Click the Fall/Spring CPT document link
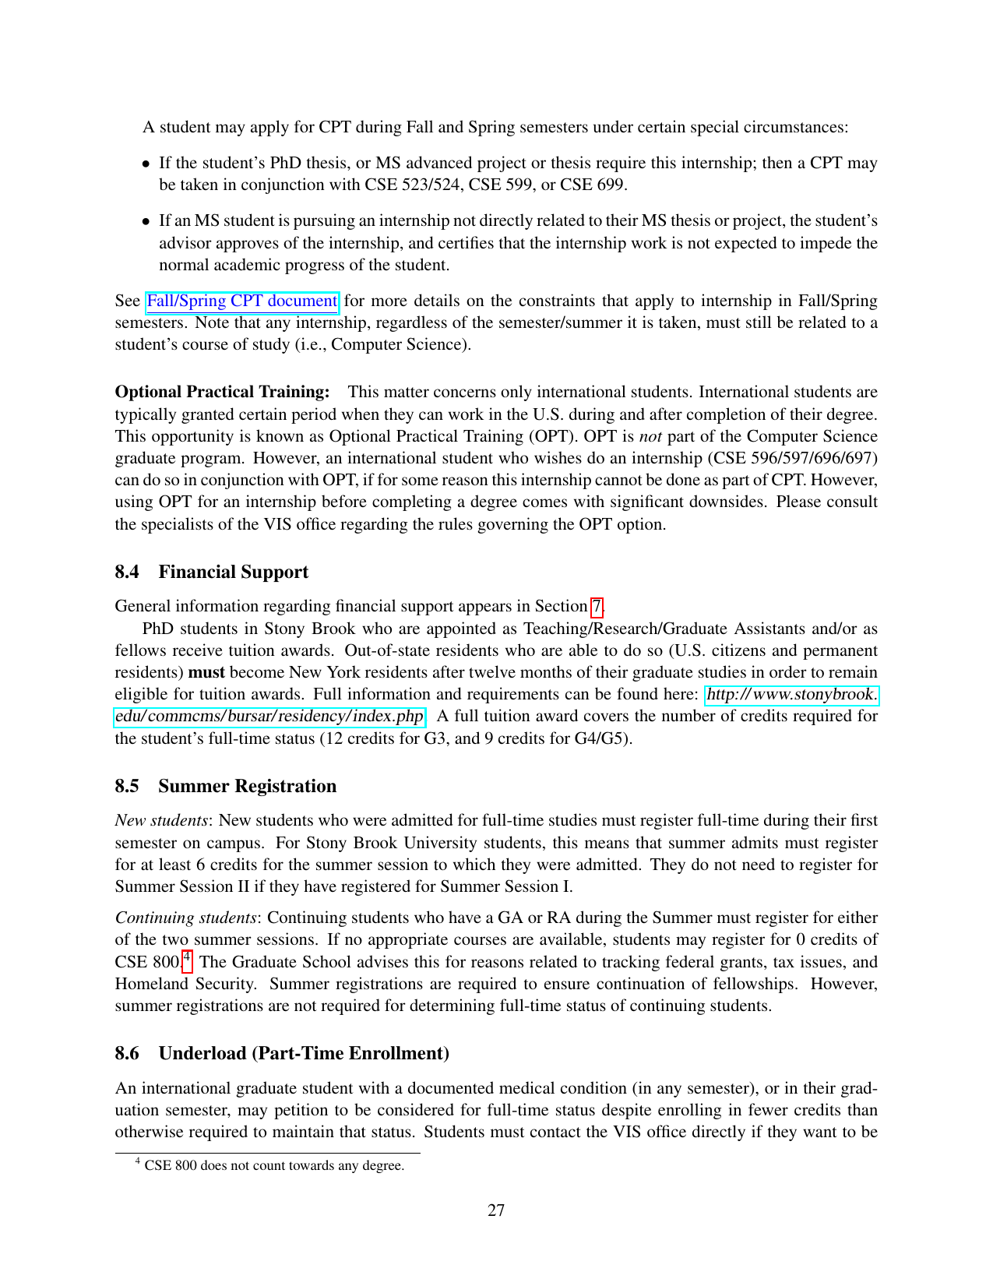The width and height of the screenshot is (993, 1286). (241, 301)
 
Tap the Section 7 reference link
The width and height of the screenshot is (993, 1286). (597, 606)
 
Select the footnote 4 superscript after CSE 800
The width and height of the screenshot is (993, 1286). (187, 957)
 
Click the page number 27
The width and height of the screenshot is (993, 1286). (496, 1210)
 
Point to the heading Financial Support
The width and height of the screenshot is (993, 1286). (233, 572)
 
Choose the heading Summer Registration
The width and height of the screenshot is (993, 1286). (247, 786)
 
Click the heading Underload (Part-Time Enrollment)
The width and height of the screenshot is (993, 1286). (304, 1053)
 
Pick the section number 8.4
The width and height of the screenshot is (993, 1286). (127, 572)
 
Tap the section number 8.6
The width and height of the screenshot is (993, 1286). (127, 1053)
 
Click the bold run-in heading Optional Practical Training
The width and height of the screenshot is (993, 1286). (222, 392)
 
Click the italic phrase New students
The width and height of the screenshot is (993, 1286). (161, 820)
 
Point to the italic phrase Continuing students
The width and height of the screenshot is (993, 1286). (186, 918)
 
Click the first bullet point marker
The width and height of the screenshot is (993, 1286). (146, 164)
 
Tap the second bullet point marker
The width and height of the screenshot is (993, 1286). (146, 221)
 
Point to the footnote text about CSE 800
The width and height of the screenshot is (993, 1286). (274, 1166)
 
